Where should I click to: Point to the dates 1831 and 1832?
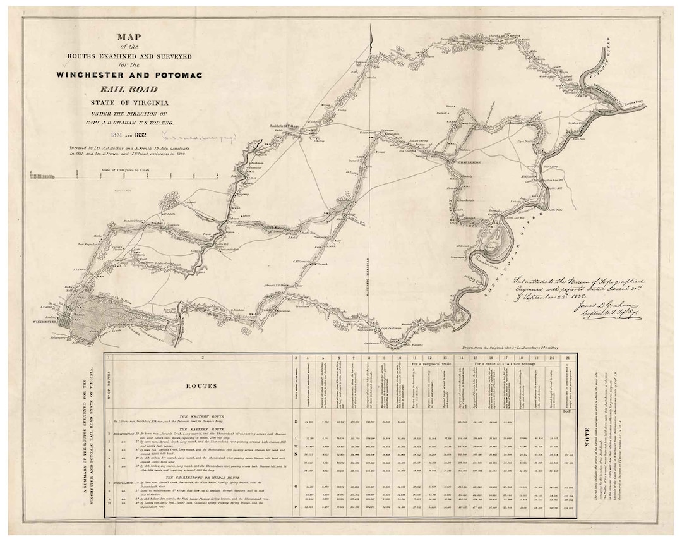(129, 134)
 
